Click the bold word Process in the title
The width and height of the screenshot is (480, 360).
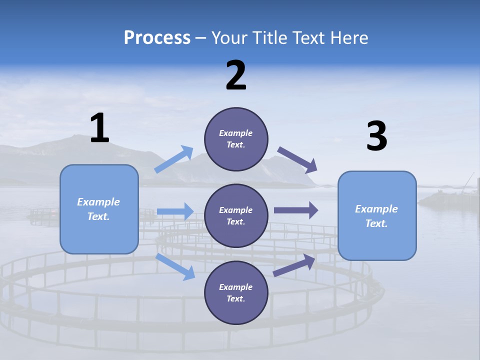tap(157, 37)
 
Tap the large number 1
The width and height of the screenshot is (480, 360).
tap(99, 128)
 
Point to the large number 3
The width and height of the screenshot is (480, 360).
tap(376, 136)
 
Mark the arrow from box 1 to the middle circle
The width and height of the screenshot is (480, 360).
tap(175, 211)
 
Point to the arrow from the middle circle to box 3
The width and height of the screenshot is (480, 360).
tap(295, 210)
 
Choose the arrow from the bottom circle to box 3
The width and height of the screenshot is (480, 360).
tap(294, 265)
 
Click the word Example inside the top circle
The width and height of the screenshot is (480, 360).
tap(236, 133)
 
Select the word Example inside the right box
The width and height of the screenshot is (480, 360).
tap(376, 209)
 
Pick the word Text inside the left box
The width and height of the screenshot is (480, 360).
tap(98, 216)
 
